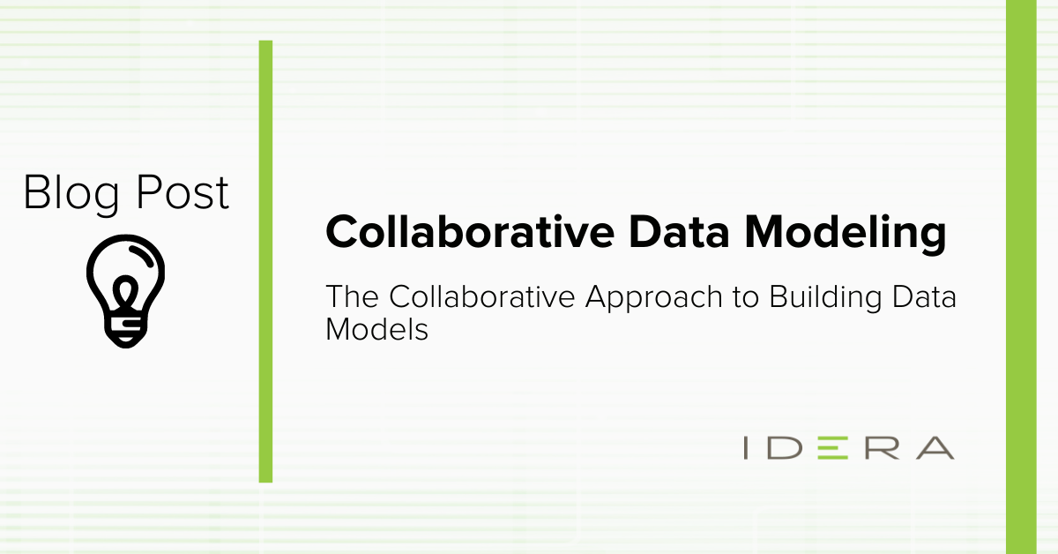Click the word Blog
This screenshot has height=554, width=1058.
point(71,194)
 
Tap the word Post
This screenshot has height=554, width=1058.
point(183,191)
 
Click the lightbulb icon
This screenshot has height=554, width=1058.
point(125,291)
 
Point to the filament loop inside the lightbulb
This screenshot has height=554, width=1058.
point(125,292)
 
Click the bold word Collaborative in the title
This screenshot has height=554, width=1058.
point(470,232)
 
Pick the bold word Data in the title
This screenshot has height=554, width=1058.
point(679,232)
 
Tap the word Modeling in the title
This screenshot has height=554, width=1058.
point(846,234)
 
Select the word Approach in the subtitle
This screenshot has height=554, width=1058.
point(654,299)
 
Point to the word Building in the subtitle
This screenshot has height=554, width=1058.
point(825,299)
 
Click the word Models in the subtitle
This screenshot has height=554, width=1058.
point(377,329)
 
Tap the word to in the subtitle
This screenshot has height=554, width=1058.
point(746,298)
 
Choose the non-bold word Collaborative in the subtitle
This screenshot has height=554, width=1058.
point(482,296)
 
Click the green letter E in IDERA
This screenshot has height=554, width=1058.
point(832,447)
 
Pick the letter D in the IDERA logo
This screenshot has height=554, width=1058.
point(785,447)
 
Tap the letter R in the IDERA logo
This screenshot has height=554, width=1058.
point(883,447)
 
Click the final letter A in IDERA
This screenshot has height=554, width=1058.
point(935,447)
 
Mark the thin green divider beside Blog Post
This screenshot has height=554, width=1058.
point(265,261)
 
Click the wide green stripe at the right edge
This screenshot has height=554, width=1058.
point(1021,277)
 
